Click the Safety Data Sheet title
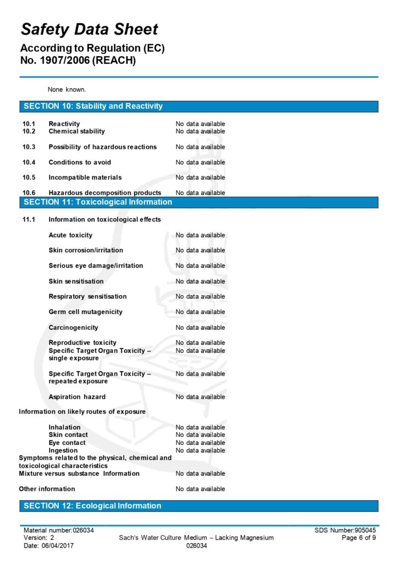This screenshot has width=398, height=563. (x=89, y=30)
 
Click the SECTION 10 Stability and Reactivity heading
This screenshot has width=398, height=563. (x=93, y=106)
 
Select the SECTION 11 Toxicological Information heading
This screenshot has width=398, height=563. (x=98, y=202)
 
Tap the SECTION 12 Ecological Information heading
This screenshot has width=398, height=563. (x=92, y=506)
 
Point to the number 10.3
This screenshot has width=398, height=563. (x=29, y=147)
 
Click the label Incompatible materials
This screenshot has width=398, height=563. (x=85, y=178)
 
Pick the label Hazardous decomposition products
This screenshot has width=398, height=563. (x=104, y=193)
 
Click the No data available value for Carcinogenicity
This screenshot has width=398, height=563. (x=200, y=328)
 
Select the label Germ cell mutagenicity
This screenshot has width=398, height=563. (x=86, y=312)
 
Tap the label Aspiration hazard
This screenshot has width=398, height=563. (x=77, y=397)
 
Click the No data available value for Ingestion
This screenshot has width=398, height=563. (x=200, y=451)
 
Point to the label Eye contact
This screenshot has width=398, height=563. (x=67, y=443)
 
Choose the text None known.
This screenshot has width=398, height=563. (x=67, y=89)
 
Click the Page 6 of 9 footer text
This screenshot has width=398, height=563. (x=358, y=538)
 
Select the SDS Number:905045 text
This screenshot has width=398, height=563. (x=345, y=531)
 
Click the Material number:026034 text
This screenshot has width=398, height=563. (x=58, y=531)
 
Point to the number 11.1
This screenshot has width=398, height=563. (x=29, y=220)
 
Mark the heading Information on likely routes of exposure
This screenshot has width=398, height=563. (x=82, y=412)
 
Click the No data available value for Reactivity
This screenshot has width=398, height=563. (x=200, y=124)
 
